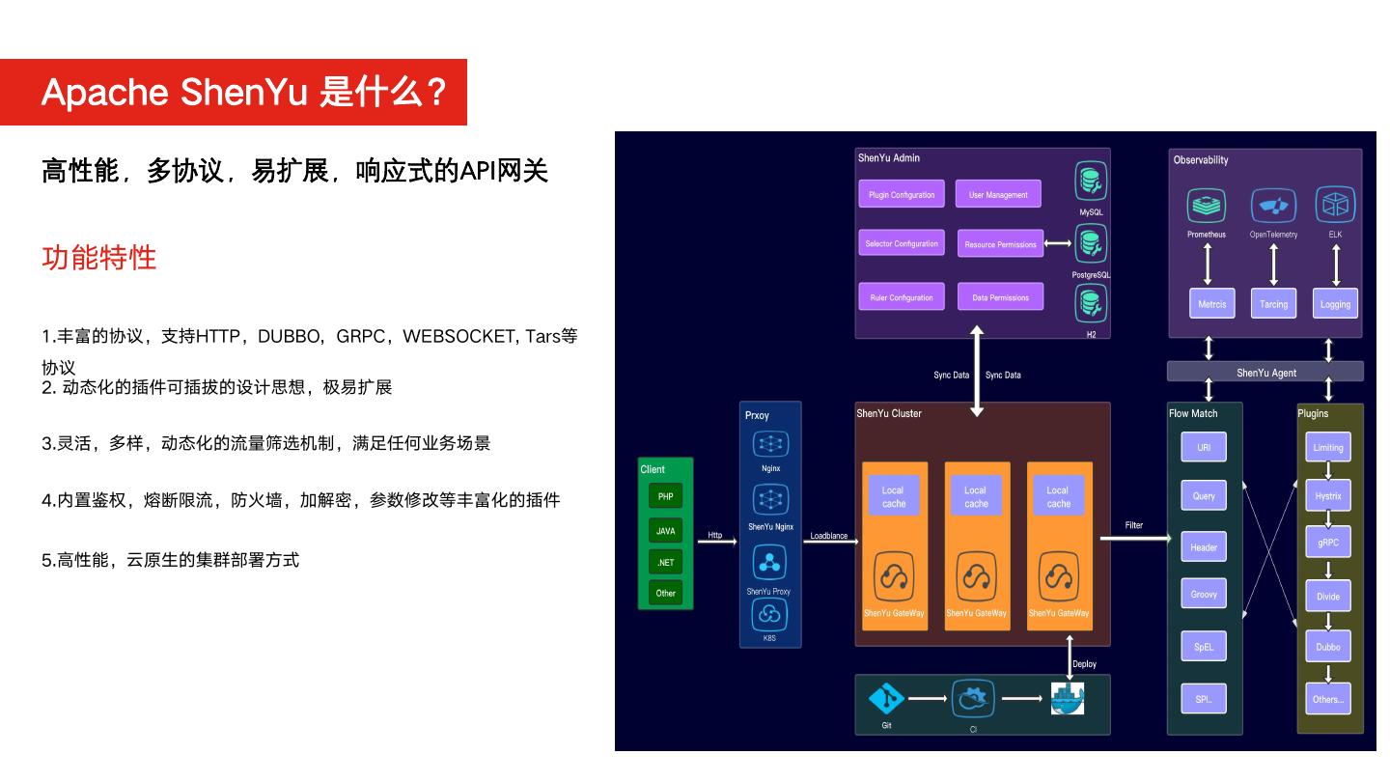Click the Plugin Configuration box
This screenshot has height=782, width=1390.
click(x=902, y=194)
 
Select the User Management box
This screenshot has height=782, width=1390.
click(x=998, y=194)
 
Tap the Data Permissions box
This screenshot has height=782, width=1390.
click(x=1000, y=297)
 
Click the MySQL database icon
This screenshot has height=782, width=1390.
click(x=1091, y=182)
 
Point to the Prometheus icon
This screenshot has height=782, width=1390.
click(x=1206, y=206)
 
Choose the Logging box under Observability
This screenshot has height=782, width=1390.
click(x=1335, y=303)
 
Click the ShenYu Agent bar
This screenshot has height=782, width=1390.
click(x=1265, y=372)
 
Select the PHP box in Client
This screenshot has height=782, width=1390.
click(x=665, y=496)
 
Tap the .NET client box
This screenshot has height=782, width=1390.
click(x=665, y=562)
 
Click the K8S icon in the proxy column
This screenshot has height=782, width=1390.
click(x=769, y=614)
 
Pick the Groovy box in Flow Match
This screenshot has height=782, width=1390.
click(x=1204, y=594)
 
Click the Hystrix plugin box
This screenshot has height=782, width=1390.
click(x=1327, y=496)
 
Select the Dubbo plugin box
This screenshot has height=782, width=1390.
click(x=1327, y=647)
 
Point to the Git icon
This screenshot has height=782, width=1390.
click(x=886, y=699)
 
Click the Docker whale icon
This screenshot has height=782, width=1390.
click(x=1067, y=698)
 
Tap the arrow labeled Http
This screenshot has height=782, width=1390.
click(x=716, y=542)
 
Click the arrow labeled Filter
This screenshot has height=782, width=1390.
click(x=1134, y=538)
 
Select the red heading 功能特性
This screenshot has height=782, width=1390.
click(x=98, y=258)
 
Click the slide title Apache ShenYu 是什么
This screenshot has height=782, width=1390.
click(x=244, y=93)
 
